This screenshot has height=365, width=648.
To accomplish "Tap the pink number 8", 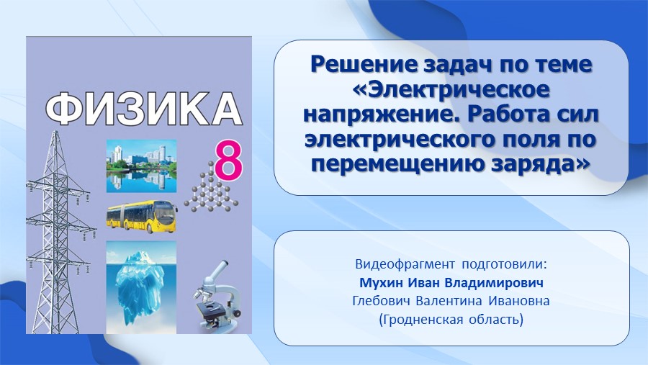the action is pyautogui.click(x=227, y=161).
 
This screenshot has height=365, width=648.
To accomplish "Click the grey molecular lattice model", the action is pyautogui.click(x=211, y=188).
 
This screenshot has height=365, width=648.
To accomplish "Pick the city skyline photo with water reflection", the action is pyautogui.click(x=141, y=166).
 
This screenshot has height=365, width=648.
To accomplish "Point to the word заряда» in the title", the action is pyautogui.click(x=540, y=165).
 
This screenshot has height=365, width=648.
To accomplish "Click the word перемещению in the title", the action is pyautogui.click(x=398, y=165).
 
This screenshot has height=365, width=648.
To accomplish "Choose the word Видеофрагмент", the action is pyautogui.click(x=405, y=264).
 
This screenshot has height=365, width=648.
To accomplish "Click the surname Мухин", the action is pyautogui.click(x=382, y=283).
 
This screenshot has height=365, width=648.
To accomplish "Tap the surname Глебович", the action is pyautogui.click(x=381, y=301).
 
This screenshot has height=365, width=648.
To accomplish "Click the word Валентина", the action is pyautogui.click(x=449, y=301).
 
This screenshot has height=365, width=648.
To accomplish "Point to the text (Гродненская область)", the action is pyautogui.click(x=451, y=320).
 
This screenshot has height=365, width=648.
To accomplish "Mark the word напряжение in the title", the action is pyautogui.click(x=383, y=115).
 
